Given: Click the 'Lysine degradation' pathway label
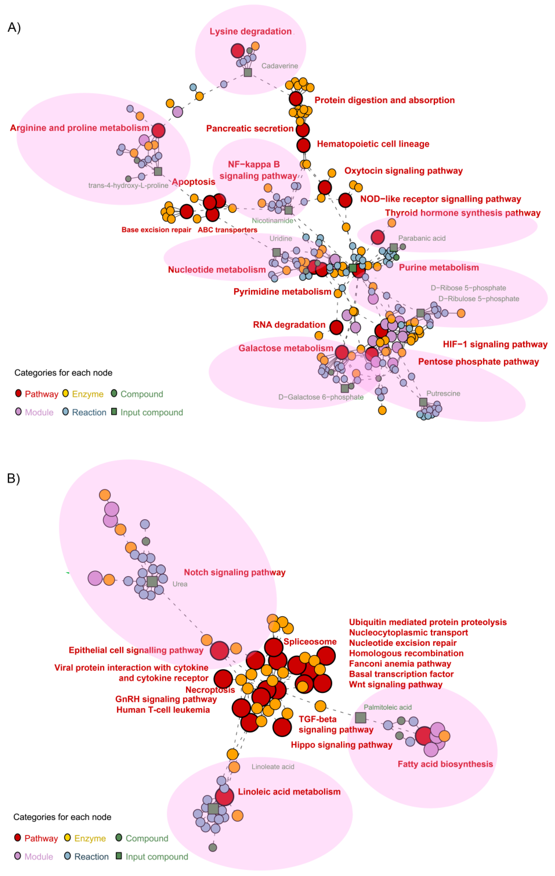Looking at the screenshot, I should click(250, 31).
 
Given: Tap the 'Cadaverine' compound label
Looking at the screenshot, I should click(279, 66).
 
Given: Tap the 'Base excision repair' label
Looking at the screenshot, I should click(156, 230).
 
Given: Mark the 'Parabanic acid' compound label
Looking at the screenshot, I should click(422, 238).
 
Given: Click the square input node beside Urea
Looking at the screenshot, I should click(152, 581).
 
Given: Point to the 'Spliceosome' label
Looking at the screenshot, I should click(310, 641).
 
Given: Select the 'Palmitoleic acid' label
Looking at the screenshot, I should click(387, 707).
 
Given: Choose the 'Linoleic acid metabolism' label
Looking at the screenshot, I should click(289, 792).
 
